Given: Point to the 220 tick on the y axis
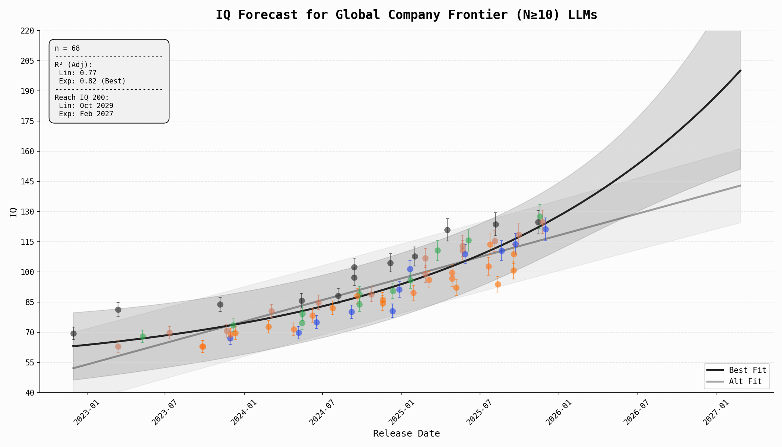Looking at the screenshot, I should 29,31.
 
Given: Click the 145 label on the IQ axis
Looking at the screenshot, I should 29,182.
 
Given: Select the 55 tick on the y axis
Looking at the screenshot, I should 32,362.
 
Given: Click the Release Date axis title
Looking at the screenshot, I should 406,434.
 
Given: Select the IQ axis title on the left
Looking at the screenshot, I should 13,212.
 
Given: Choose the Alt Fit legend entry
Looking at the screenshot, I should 745,381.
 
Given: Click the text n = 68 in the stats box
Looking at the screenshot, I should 67,48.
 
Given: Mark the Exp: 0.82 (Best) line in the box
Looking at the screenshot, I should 92,81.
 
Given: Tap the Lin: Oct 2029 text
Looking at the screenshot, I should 86,106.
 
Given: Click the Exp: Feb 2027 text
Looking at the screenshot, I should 86,114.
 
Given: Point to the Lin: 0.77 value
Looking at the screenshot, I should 77,73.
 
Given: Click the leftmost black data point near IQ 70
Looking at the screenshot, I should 73,333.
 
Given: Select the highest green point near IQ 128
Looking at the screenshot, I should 540,216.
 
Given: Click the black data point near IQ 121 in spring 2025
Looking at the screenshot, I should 447,230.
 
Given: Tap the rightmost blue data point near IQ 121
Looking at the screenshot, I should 546,229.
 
